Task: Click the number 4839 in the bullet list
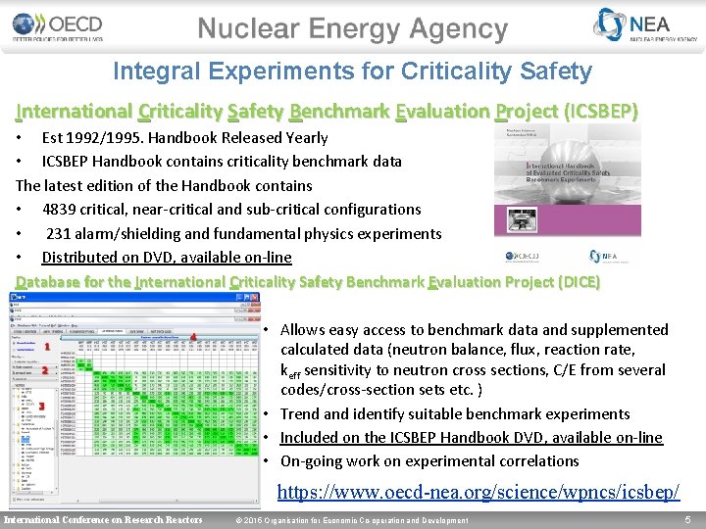[63, 209]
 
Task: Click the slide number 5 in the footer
[689, 519]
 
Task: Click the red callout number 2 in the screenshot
[45, 371]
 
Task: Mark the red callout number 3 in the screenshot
[42, 406]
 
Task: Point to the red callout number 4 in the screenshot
[193, 337]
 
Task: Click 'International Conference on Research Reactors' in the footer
[104, 519]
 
